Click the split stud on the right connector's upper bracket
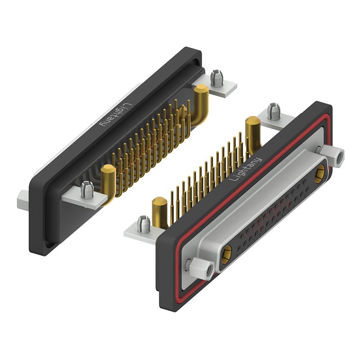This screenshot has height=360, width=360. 274,111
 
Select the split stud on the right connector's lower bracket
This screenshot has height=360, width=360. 144,224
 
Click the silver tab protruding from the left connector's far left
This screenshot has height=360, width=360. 23,200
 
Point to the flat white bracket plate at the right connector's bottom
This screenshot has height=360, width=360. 137,232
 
